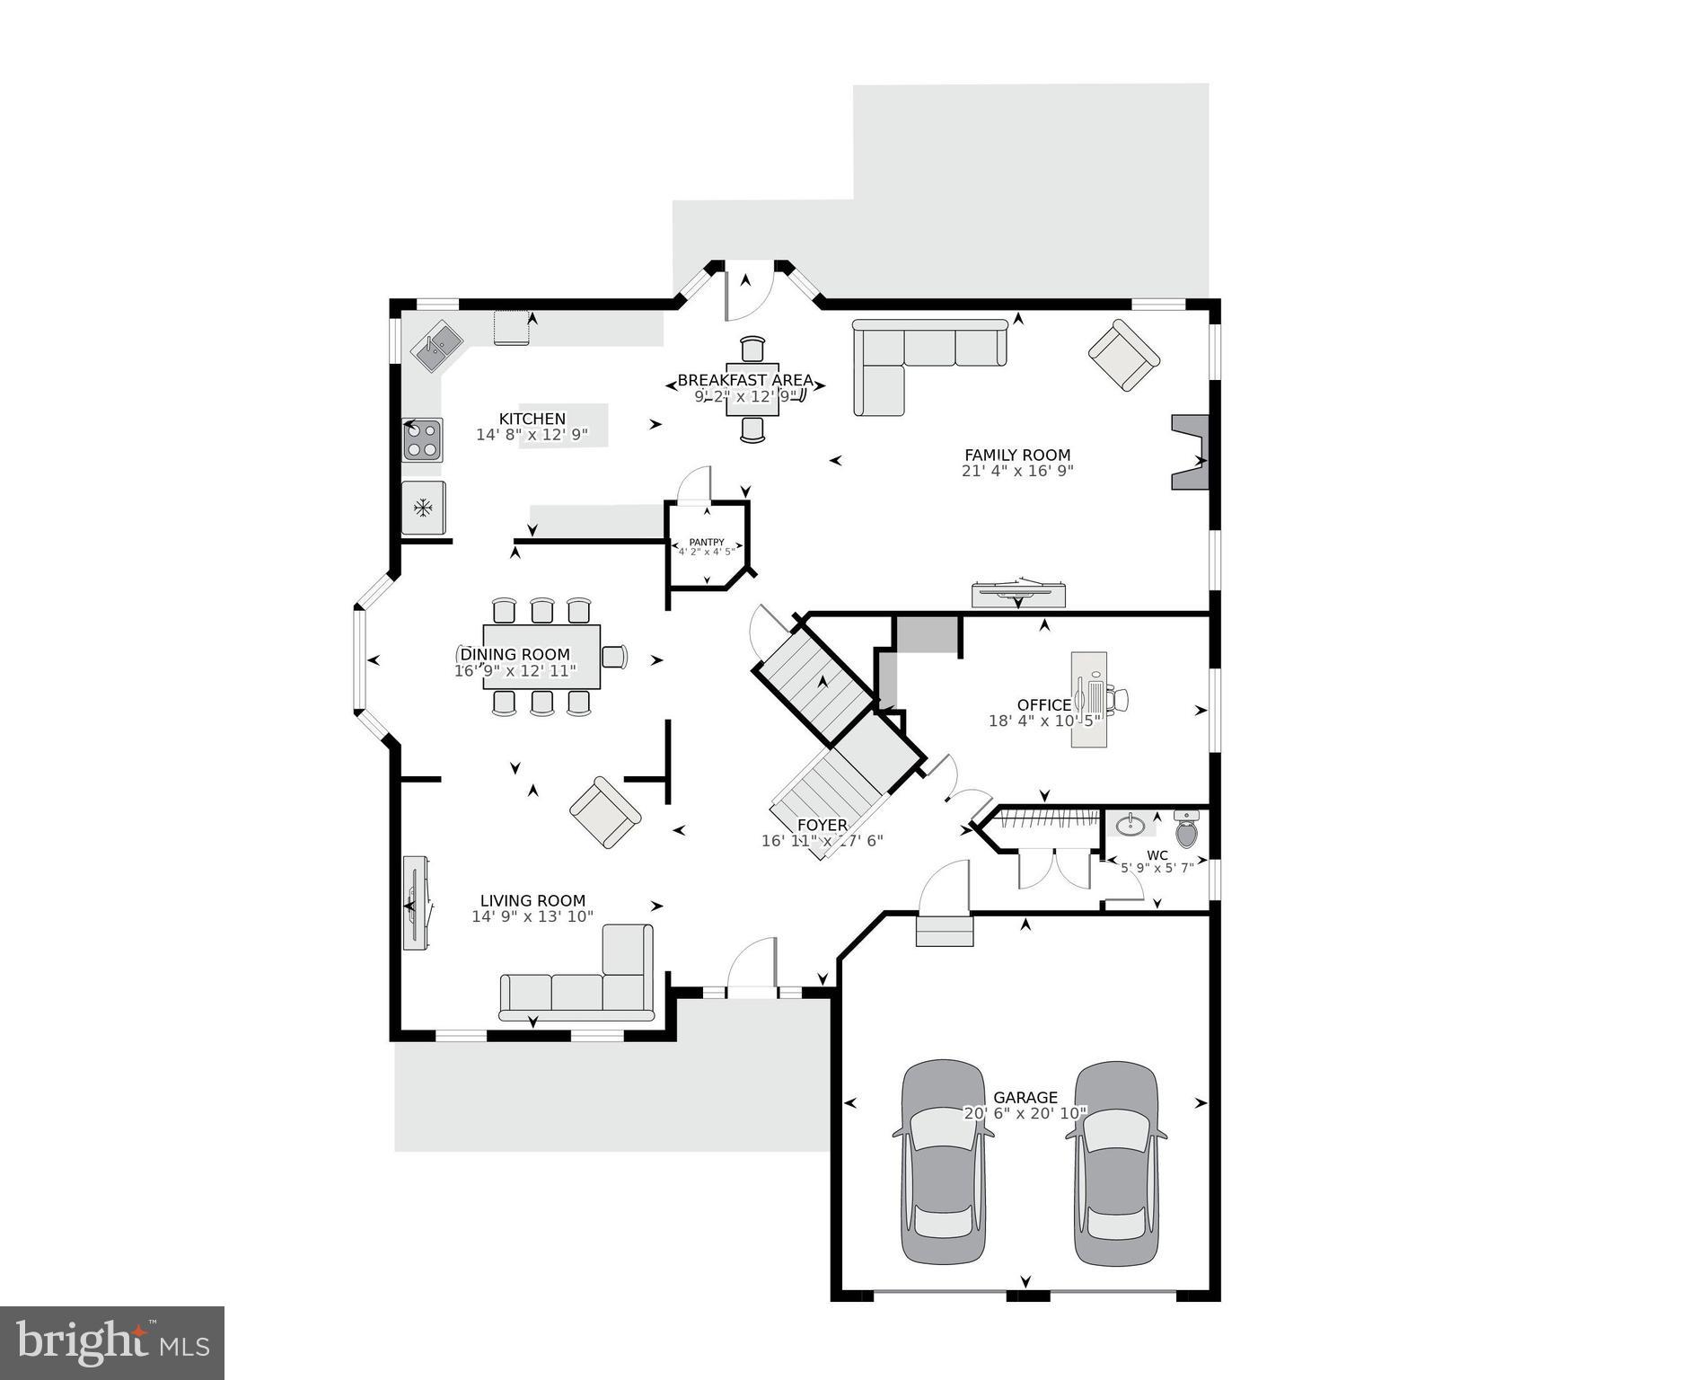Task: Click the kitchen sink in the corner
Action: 436,348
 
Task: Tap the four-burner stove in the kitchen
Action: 422,440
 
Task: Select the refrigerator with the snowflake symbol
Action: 423,509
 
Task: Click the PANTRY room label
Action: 707,543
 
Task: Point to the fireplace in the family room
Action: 1189,452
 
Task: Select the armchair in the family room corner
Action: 1123,355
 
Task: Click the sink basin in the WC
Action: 1130,824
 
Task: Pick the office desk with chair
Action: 1092,699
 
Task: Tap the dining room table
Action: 541,657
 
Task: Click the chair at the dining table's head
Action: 614,657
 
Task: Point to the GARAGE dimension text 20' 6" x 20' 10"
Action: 1025,1114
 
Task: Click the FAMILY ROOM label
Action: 1017,456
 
